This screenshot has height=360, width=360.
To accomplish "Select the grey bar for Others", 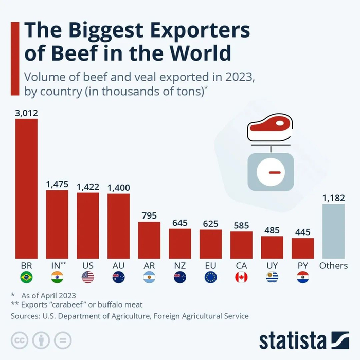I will pos(333,231).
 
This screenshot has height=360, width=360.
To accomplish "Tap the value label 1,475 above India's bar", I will pos(57,184).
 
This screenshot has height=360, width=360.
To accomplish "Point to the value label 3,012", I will pos(26,113).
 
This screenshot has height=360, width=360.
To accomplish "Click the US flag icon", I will pos(88,278).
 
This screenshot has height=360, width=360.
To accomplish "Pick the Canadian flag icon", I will pos(241,278).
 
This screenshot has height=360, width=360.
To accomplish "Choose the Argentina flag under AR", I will pos(149,278).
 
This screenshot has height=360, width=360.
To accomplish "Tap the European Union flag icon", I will pos(210,278).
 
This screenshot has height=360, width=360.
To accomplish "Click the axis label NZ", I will pos(179,266).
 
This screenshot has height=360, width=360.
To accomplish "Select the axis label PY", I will pos(302,266).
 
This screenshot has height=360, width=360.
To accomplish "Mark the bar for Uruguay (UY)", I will pos(272,247).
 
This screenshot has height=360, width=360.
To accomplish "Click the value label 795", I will pos(149,215).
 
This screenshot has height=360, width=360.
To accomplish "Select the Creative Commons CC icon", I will pos(20,340).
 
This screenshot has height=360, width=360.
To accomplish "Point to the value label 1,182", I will pos(333,197).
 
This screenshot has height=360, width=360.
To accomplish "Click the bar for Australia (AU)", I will pos(118,226).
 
